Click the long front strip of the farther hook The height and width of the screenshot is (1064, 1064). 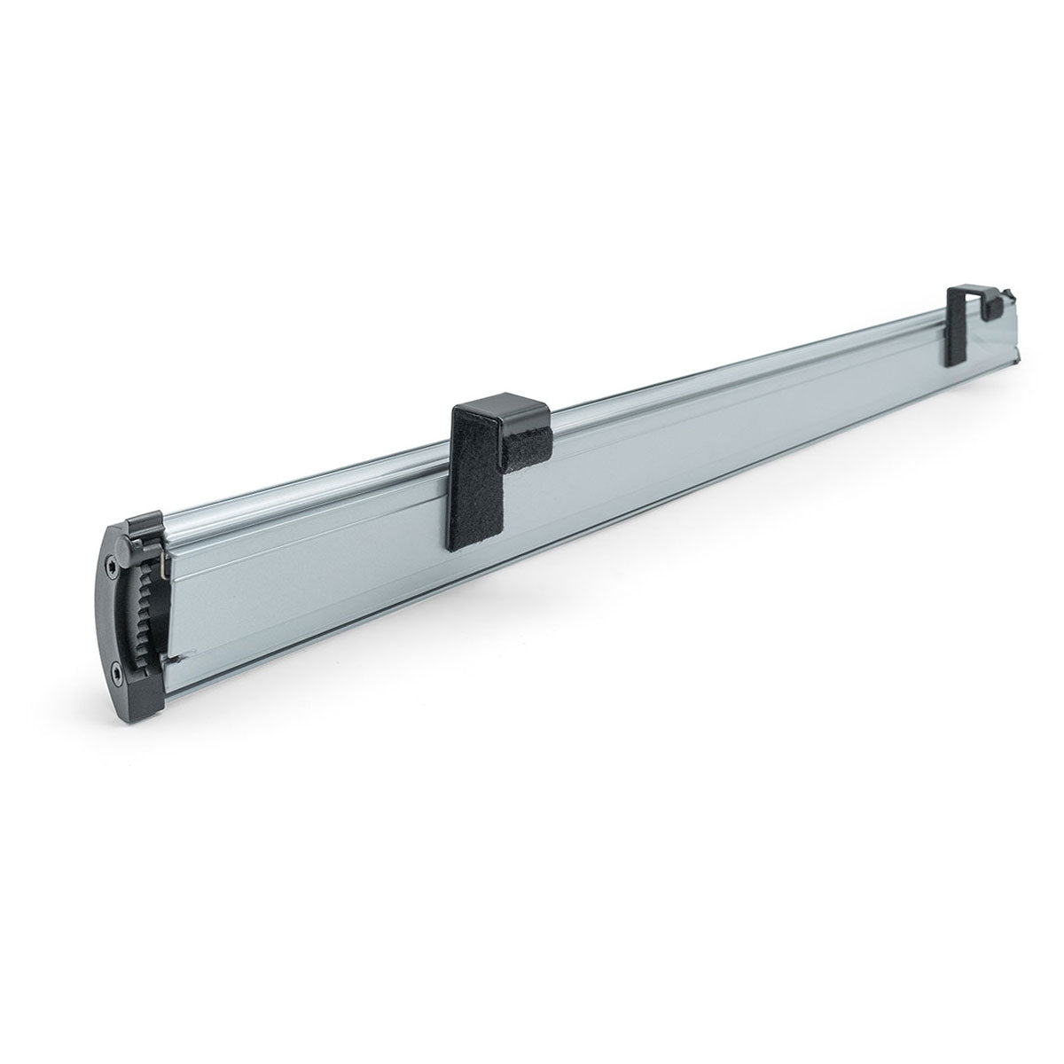(x=956, y=337)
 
